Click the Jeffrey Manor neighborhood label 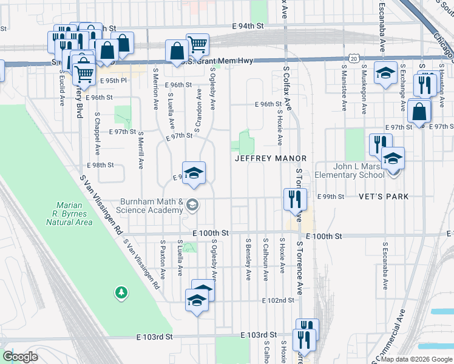(271, 158)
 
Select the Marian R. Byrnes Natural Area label (69, 214)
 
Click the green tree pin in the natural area (121, 293)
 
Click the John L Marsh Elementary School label (359, 170)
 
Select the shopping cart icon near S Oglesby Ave (197, 44)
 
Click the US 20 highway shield (362, 56)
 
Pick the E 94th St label (249, 26)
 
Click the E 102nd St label (278, 300)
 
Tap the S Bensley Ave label (248, 259)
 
